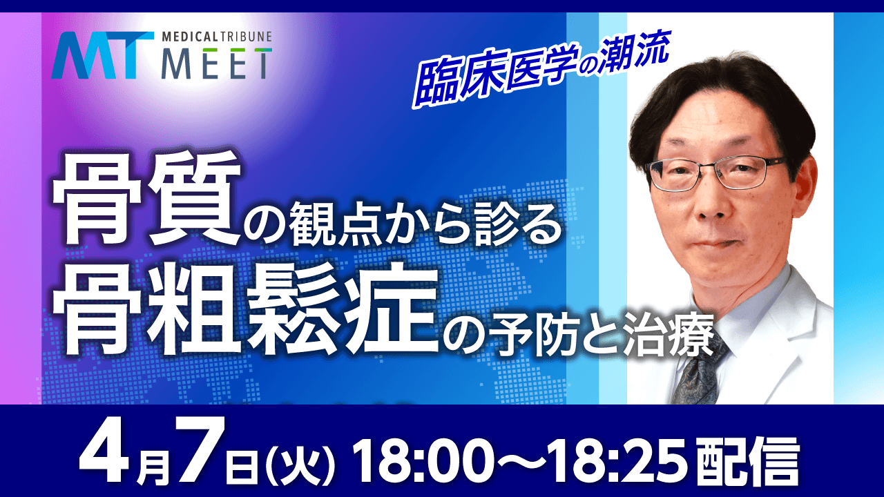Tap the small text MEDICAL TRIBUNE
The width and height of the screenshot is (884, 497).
[215, 36]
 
